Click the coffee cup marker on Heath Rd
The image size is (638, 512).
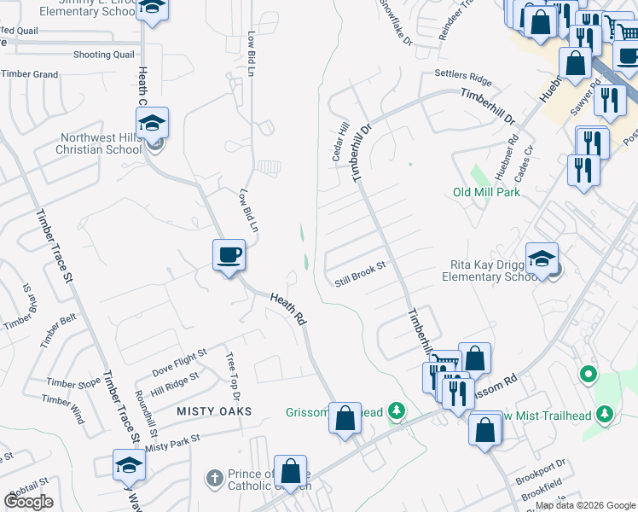tap(229, 254)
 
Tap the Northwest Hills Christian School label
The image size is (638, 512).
tap(101, 143)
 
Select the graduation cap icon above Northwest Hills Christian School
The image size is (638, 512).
tap(152, 125)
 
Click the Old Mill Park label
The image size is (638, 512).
tap(486, 192)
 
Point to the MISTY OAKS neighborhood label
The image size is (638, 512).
tap(214, 411)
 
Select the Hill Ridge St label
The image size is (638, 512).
tap(174, 381)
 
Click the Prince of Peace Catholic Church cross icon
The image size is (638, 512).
tap(214, 475)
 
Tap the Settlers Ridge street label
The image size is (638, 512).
tap(463, 78)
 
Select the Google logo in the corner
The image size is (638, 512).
tap(28, 502)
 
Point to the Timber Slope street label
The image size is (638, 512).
tap(73, 383)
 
